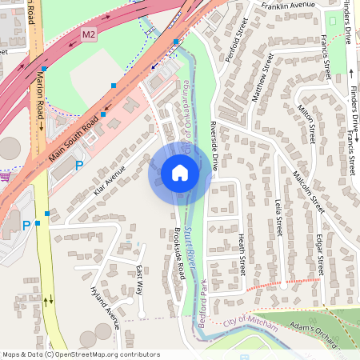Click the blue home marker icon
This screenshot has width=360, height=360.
coord(180,172)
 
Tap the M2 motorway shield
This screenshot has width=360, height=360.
coord(89,34)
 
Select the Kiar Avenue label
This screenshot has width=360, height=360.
coord(110,182)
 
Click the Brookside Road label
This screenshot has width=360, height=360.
coord(179,254)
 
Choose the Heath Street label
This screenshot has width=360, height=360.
coord(242,255)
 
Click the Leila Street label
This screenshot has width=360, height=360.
coord(278,218)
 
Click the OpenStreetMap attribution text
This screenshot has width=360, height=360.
coord(81,354)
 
